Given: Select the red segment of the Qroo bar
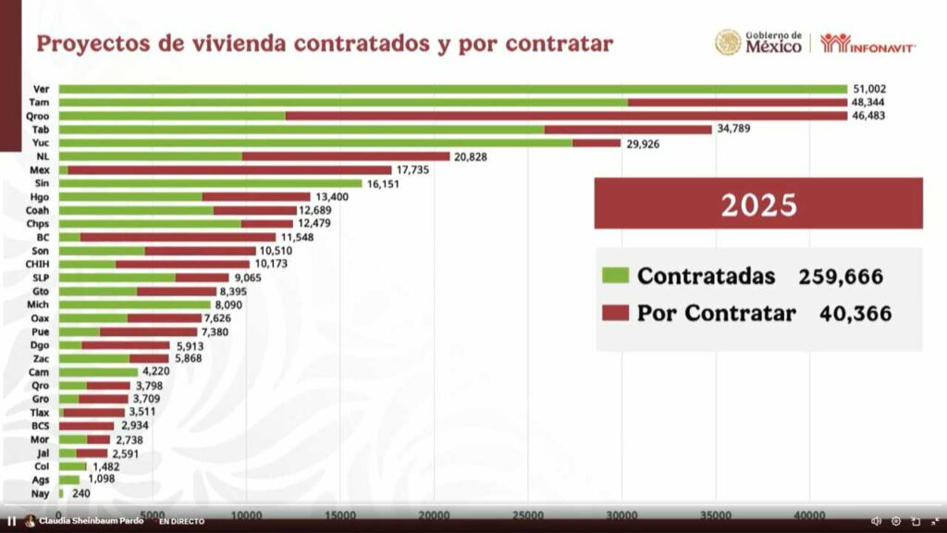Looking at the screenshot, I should point(566,116).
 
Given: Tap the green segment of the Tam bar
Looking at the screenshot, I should point(343,102).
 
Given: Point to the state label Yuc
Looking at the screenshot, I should point(41,143).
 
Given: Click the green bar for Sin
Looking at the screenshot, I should point(210,183).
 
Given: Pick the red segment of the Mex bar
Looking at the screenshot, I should point(229,170).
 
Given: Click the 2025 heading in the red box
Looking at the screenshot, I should point(758,205).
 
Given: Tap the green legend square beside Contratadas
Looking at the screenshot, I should point(615,276).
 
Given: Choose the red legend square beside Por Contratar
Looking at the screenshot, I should point(615,313).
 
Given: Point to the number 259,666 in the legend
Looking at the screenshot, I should point(841,276).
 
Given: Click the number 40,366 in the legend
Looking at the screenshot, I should point(855,314).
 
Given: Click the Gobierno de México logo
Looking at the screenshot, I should point(757,43).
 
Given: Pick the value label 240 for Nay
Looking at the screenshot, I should point(82,493).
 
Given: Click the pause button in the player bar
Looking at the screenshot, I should point(12,521).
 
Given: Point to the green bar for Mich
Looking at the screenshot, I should point(134,304).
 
